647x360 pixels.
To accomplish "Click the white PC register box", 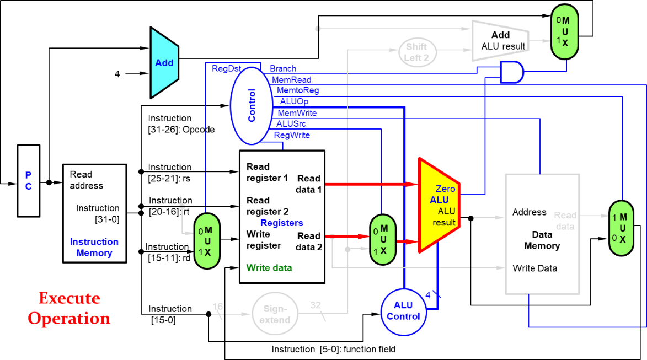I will pos(28,180).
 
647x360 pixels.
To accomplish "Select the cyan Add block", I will pos(164,63).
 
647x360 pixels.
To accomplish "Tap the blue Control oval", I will pos(251,105).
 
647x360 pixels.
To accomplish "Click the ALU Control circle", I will pos(403,311).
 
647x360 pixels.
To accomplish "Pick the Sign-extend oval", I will pos(275,314).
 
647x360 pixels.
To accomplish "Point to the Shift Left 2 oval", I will pos(417,52).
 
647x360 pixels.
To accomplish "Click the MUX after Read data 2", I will pos(383,240).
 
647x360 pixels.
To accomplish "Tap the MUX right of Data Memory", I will pos(622,228).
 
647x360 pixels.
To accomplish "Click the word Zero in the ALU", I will pos(445,189).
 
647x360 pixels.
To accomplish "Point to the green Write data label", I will pos(269,268).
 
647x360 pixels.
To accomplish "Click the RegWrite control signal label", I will pos(292,135).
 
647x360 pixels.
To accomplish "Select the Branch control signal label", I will pos(283,68).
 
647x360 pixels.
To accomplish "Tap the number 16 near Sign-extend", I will pos(218,306).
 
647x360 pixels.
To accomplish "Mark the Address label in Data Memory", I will pos(529,212).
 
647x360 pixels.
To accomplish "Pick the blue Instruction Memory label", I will pos(94,248).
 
